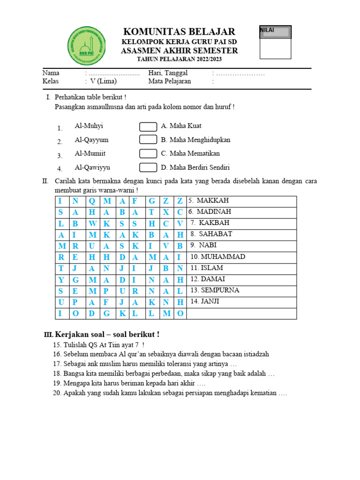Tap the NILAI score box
click(x=276, y=42)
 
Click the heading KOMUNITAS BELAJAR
click(x=179, y=32)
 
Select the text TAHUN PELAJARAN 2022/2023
click(x=179, y=60)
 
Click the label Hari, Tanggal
click(x=168, y=73)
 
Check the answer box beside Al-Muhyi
click(x=148, y=127)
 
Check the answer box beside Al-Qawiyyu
click(x=148, y=168)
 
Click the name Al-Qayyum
click(x=91, y=140)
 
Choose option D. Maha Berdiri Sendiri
click(x=195, y=167)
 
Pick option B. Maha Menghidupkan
click(x=195, y=140)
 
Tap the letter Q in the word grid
click(x=92, y=201)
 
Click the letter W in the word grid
click(x=92, y=224)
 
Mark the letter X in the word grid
click(x=165, y=212)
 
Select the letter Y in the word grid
click(x=61, y=280)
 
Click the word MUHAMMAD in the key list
click(x=217, y=257)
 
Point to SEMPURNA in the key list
click(x=215, y=290)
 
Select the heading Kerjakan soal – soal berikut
click(x=107, y=334)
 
